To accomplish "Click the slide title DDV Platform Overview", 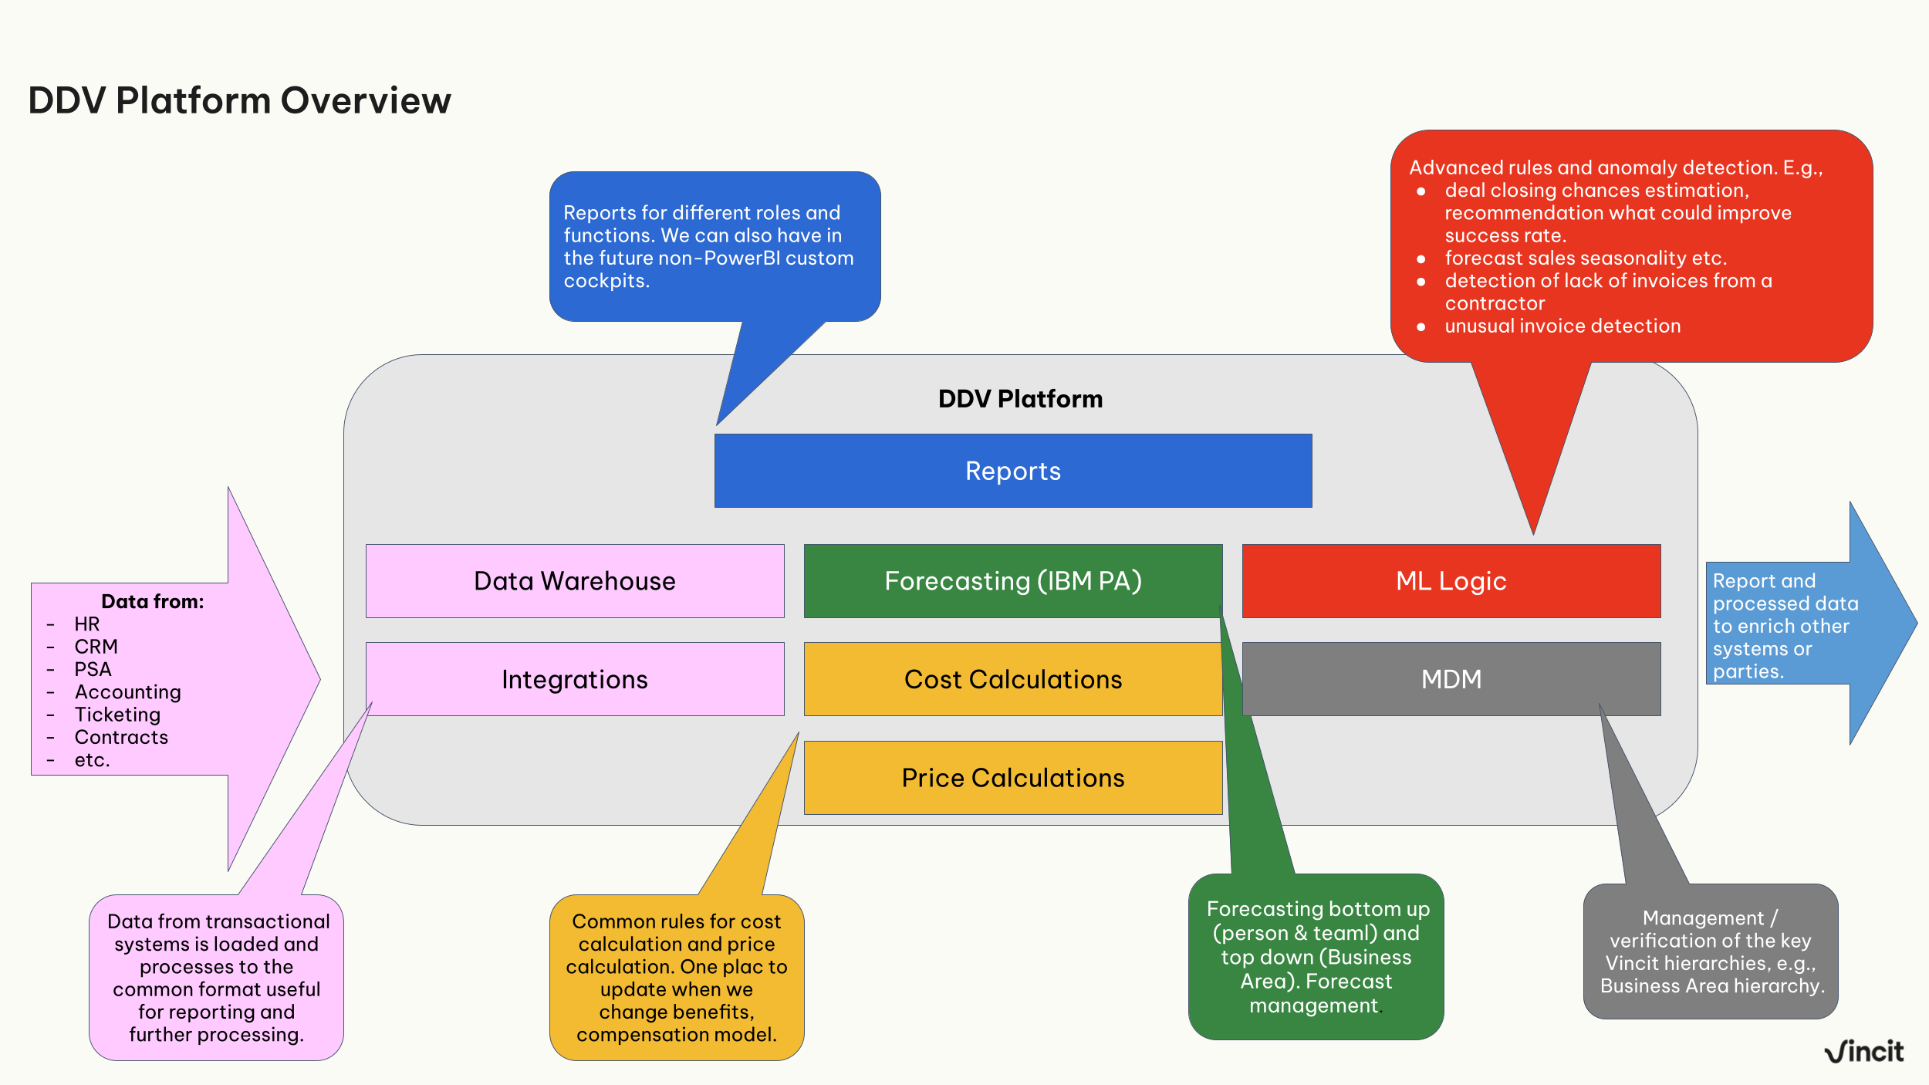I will click(x=239, y=101).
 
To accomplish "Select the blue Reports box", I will click(x=1012, y=471).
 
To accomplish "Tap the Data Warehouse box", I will click(x=574, y=581).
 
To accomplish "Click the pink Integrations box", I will click(x=574, y=679).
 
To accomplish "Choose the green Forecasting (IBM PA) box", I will click(x=1012, y=581).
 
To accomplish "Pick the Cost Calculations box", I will click(x=1012, y=679).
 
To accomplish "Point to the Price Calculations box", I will click(x=1012, y=778).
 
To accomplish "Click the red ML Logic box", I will click(x=1451, y=581).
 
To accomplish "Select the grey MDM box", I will click(x=1451, y=679).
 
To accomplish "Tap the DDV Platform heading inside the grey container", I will click(x=1020, y=399).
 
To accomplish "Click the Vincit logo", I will click(x=1863, y=1051).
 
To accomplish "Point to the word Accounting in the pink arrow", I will click(x=128, y=692).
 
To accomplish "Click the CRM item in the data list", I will click(x=96, y=647).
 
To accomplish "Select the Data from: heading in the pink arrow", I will click(x=153, y=602).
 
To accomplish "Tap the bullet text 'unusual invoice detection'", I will click(x=1562, y=326).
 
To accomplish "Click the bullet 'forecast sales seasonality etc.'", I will click(x=1586, y=259).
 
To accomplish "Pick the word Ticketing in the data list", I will click(x=118, y=715).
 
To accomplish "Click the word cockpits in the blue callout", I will click(x=606, y=281).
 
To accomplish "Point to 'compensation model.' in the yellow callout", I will click(x=676, y=1035).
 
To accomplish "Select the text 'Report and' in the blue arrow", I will click(x=1764, y=581).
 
